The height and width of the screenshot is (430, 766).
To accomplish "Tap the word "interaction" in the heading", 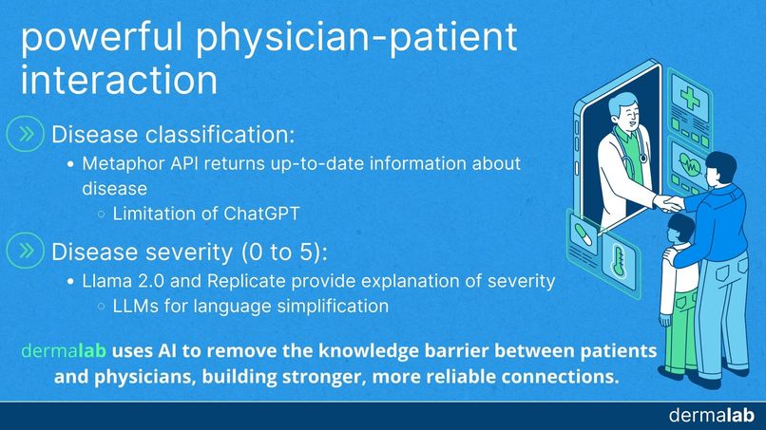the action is coord(119,80).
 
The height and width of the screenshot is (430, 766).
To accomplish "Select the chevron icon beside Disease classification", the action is coord(26,134).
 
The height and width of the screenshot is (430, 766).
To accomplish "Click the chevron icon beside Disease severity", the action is coord(26,251).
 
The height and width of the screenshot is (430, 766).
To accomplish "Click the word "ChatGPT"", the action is coord(261,214).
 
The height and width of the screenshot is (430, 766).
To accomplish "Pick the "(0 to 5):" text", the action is coord(284,252).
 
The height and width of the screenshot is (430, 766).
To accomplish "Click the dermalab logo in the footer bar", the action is coord(712,416).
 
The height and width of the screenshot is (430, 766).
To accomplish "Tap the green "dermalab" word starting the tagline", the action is coord(64,351).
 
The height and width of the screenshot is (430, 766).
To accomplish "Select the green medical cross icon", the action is coord(690,97).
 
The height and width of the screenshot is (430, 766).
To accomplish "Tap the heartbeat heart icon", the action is coord(689,166).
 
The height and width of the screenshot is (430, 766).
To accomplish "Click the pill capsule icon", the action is coord(584,234).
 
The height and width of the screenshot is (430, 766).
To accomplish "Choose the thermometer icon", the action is coord(619,261).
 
